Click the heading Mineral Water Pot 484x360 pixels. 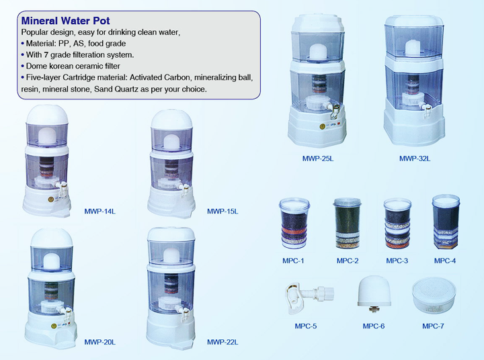point(66,20)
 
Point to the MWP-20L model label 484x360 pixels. point(100,342)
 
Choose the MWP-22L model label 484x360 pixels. point(223,342)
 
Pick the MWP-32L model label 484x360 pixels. point(414,159)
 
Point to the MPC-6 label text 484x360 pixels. point(374,326)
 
